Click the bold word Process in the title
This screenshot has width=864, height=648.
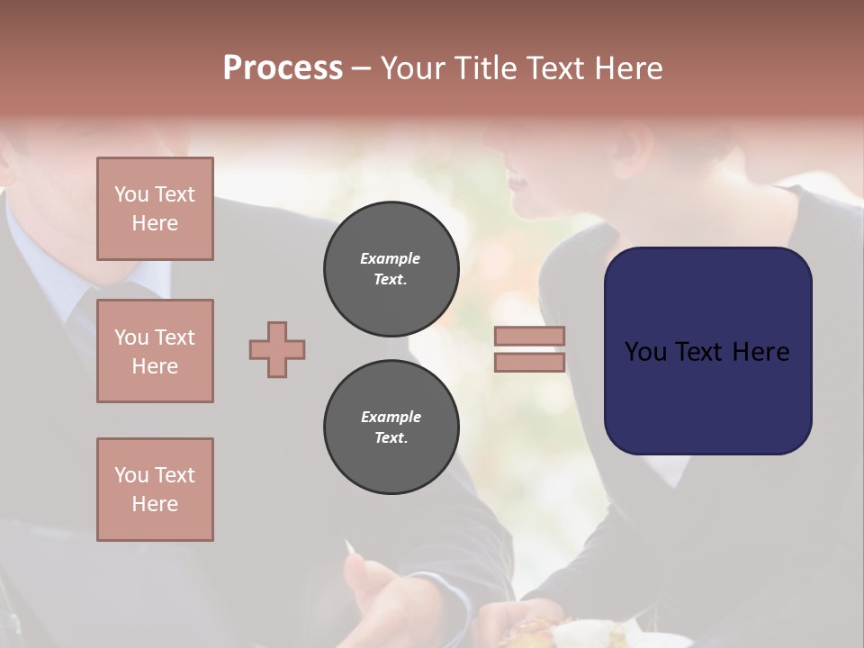pyautogui.click(x=283, y=68)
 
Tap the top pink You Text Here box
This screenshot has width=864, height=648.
pyautogui.click(x=155, y=209)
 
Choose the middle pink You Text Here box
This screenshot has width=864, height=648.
pyautogui.click(x=155, y=351)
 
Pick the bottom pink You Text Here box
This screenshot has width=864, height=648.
pyautogui.click(x=155, y=489)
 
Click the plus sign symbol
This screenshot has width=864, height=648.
pyautogui.click(x=277, y=349)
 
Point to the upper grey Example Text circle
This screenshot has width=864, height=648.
pyautogui.click(x=391, y=269)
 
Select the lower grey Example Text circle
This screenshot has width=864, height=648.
pyautogui.click(x=391, y=427)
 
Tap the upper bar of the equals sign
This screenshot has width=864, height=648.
pyautogui.click(x=530, y=336)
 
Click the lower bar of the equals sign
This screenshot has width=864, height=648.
pyautogui.click(x=530, y=362)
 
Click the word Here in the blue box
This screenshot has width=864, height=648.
pyautogui.click(x=760, y=352)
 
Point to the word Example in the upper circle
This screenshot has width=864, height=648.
pyautogui.click(x=391, y=258)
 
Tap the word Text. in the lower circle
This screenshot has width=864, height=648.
pyautogui.click(x=391, y=438)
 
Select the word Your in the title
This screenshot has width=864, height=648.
pyautogui.click(x=413, y=68)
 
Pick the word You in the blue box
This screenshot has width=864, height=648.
pyautogui.click(x=645, y=352)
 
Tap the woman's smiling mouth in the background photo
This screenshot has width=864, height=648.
pyautogui.click(x=518, y=184)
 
